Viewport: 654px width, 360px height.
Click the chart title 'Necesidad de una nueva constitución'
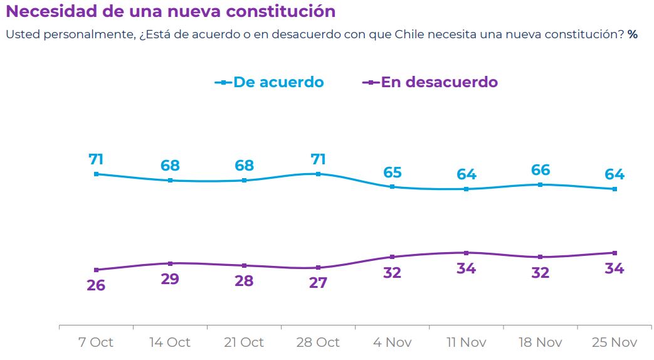(170, 11)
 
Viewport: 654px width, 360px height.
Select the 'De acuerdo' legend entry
(278, 82)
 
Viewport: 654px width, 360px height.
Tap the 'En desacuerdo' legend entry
(439, 82)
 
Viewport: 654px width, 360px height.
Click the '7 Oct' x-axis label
(96, 342)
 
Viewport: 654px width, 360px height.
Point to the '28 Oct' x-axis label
(318, 342)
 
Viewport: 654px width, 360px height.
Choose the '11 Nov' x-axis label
(466, 342)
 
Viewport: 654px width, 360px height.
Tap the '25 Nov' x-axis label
(614, 342)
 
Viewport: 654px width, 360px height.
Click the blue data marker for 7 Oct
(96, 174)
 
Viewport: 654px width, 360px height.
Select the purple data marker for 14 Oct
(170, 263)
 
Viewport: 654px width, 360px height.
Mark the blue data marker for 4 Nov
(393, 187)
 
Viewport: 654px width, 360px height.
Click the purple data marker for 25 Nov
(614, 253)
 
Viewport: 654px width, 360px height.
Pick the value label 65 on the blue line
(393, 172)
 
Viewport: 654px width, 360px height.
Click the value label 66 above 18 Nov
(541, 170)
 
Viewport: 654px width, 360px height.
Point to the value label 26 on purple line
(96, 285)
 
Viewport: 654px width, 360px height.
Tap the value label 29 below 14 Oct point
(170, 279)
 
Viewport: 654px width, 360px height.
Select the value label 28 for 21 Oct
(244, 281)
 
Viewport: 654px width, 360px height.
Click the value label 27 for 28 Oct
(318, 283)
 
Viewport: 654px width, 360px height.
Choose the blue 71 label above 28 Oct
(318, 159)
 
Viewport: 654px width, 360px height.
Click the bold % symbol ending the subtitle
(632, 34)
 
